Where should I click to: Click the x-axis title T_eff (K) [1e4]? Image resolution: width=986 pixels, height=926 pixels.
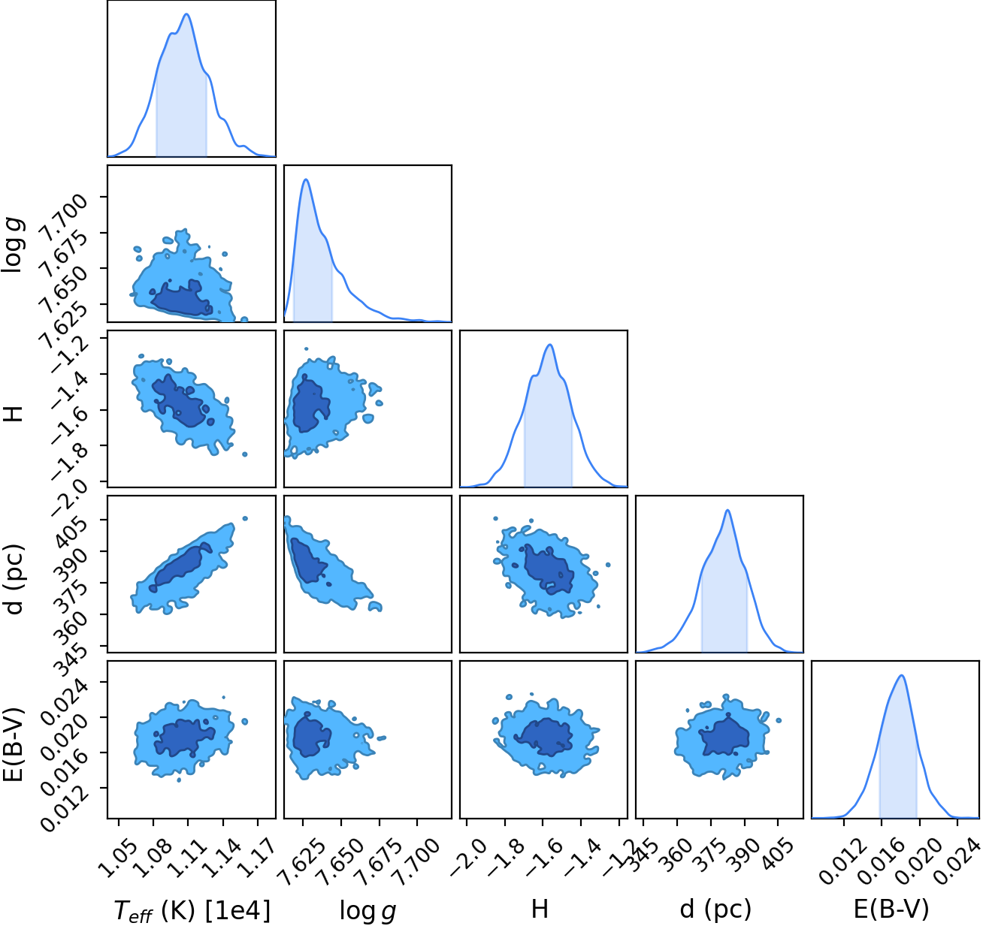pos(192,910)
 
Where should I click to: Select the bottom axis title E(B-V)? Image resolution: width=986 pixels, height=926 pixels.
pos(891,909)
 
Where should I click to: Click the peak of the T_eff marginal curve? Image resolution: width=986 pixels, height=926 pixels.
pos(187,14)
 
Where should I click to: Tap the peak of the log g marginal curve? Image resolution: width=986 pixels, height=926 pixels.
pos(307,179)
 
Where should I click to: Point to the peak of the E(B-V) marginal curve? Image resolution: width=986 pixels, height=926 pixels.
pos(901,675)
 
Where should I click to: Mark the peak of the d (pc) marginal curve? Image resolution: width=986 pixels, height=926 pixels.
pos(727,510)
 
